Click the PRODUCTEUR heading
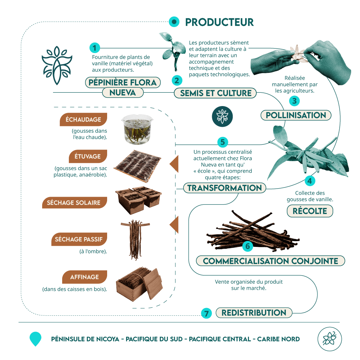click(x=219, y=22)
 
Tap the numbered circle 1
click(x=94, y=48)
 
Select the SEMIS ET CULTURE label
click(x=215, y=93)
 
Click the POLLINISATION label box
click(x=296, y=115)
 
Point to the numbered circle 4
click(x=310, y=181)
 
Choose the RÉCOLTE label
click(x=310, y=211)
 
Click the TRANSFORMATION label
click(x=224, y=188)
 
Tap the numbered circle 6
click(x=248, y=246)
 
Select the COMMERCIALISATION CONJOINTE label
click(x=270, y=261)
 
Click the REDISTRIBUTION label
click(x=254, y=313)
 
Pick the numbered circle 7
click(x=207, y=313)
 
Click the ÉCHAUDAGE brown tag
click(x=83, y=119)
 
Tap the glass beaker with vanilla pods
click(x=137, y=130)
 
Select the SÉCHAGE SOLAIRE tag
click(x=74, y=203)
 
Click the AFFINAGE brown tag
click(x=85, y=277)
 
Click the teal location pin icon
click(x=35, y=339)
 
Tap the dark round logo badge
click(x=222, y=116)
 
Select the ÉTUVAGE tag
click(x=88, y=156)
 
